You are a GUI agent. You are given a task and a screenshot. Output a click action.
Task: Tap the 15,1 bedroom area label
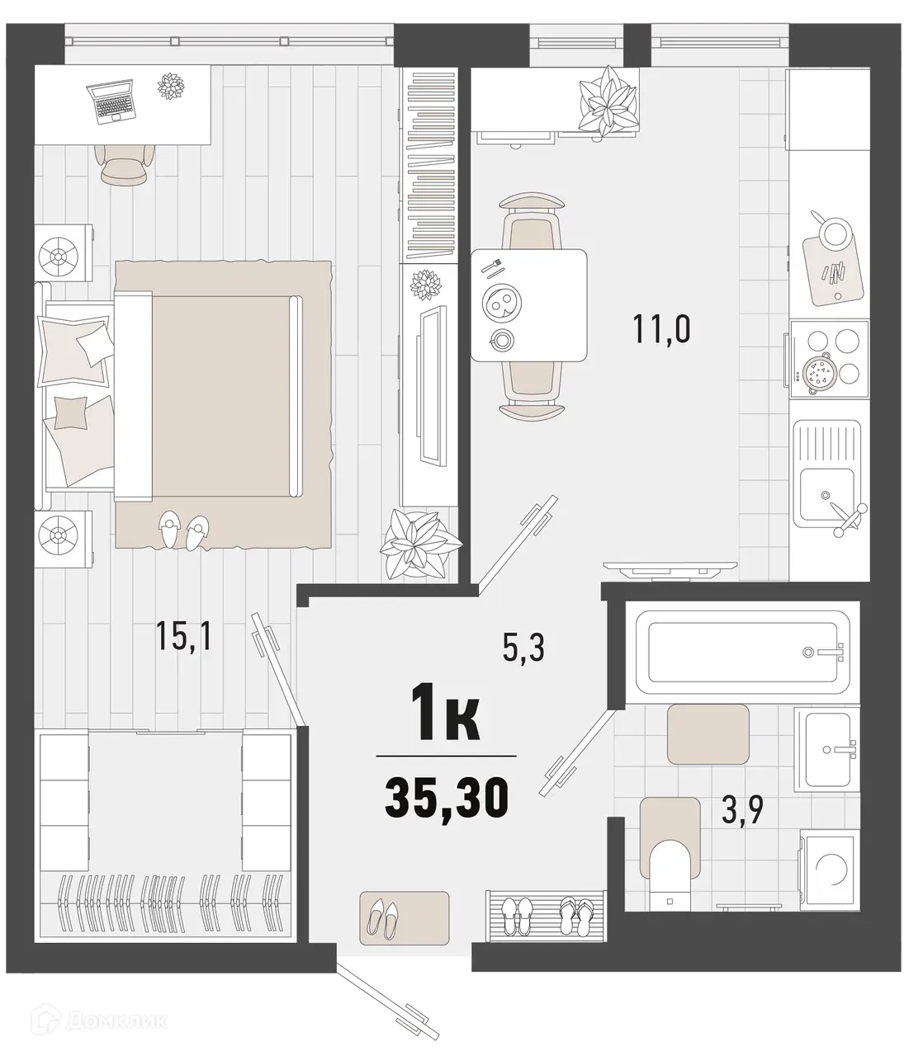[x=184, y=636]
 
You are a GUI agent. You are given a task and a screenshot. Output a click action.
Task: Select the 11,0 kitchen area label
[x=661, y=329]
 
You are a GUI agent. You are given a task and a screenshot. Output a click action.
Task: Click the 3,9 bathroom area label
[x=741, y=811]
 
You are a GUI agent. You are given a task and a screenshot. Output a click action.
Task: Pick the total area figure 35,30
[x=446, y=798]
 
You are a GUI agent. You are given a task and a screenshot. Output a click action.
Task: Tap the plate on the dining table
[x=501, y=303]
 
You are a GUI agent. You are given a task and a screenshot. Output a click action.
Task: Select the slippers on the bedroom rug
[x=184, y=530]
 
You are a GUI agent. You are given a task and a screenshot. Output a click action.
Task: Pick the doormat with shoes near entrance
[x=405, y=916]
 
